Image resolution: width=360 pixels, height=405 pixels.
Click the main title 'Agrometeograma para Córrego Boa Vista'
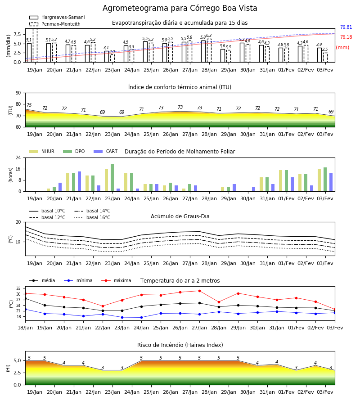coord(180,8)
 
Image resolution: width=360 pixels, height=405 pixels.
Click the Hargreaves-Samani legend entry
coord(57,17)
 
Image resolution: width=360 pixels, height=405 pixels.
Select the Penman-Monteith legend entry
coord(55,24)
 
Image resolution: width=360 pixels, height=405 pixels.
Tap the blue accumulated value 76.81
coord(346,27)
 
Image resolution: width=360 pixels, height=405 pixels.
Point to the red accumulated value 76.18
coord(346,37)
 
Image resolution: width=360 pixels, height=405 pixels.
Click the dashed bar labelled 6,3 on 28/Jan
coord(209,50)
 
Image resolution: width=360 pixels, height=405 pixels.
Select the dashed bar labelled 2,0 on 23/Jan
coord(112,58)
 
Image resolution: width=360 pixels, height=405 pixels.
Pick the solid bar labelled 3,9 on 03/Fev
coord(319,55)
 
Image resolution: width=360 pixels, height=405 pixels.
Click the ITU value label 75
coord(29,105)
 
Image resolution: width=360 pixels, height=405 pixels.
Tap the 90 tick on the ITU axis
coord(18,93)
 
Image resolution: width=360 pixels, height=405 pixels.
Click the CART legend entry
coord(106,151)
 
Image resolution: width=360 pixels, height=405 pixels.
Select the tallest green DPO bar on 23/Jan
coord(112,178)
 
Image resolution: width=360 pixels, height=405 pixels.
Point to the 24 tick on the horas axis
coord(18,157)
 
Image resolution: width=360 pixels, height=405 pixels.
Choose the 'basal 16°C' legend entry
coord(92,217)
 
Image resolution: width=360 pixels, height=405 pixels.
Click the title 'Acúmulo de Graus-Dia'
coord(180,216)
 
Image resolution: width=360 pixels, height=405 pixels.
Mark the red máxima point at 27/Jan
coord(200,291)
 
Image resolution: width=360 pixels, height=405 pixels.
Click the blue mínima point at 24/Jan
coord(141,317)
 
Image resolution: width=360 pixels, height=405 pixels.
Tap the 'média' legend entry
coord(42,280)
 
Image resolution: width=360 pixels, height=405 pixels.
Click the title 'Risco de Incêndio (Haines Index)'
coord(180,345)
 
